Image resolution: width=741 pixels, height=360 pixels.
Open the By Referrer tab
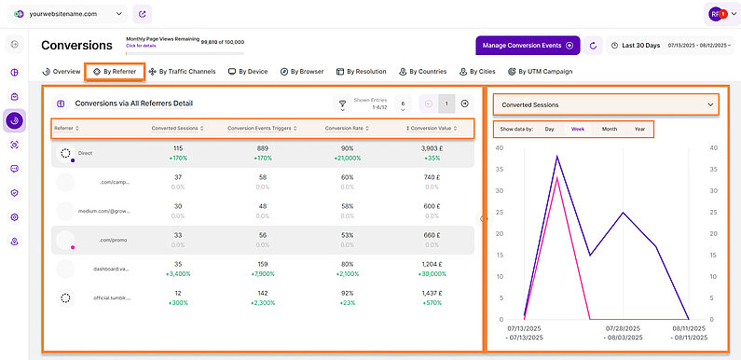click(x=113, y=71)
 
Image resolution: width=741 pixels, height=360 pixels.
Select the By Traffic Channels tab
click(x=182, y=71)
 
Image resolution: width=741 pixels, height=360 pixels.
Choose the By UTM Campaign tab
click(x=540, y=71)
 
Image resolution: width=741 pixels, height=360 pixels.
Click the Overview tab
click(x=62, y=71)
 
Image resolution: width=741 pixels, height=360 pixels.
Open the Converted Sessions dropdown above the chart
click(x=607, y=104)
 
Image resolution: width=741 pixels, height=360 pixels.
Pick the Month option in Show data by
click(x=609, y=129)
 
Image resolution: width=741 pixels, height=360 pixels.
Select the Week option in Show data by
click(x=578, y=129)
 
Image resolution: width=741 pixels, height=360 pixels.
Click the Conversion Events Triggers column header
click(x=260, y=128)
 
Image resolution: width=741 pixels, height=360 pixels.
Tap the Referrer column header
click(x=66, y=128)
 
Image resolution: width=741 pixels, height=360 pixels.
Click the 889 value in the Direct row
click(x=263, y=148)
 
